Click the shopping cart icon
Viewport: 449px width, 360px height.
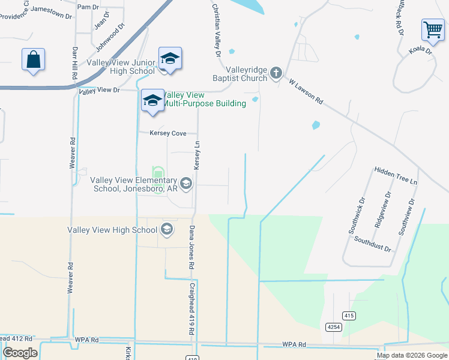coord(432,29)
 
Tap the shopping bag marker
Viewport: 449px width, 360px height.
coord(33,60)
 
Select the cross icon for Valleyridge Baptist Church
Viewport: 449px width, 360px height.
coord(276,73)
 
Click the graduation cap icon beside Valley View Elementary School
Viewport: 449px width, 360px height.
coord(186,184)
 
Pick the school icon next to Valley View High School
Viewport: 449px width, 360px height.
coord(167,229)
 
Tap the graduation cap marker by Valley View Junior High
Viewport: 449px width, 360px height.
coord(170,59)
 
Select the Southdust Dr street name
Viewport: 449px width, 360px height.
coord(372,244)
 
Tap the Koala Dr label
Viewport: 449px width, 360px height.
coord(420,51)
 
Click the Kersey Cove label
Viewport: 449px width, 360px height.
coord(168,133)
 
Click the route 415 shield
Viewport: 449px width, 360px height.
coord(349,316)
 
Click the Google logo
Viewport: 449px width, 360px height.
coord(20,353)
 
